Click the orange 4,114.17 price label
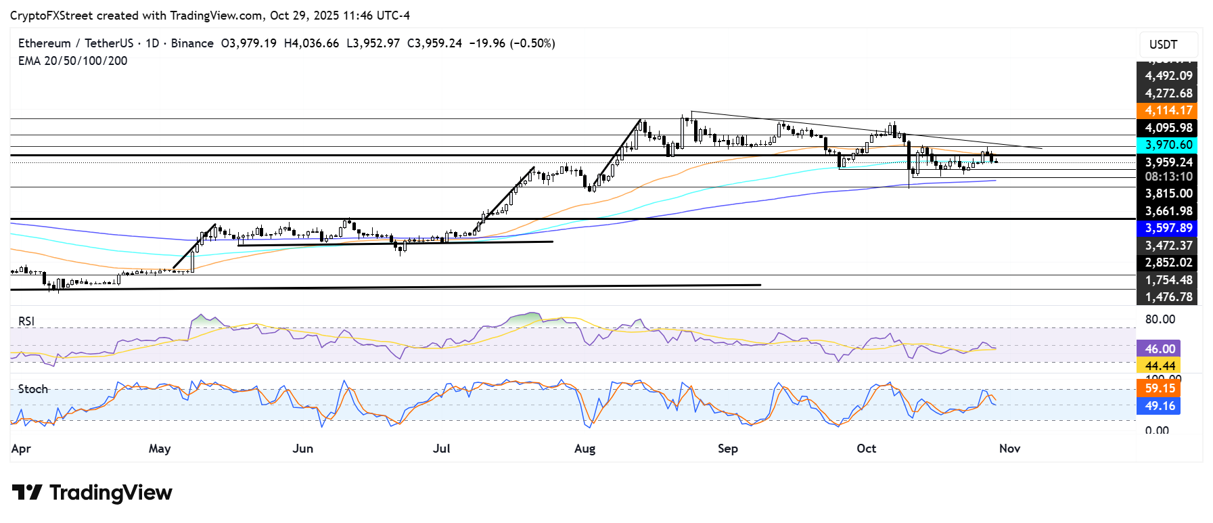coord(1168,110)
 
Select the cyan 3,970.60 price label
coord(1168,145)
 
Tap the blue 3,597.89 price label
coord(1168,228)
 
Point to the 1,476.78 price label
coord(1168,297)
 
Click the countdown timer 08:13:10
coord(1168,177)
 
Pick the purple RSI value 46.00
coord(1160,348)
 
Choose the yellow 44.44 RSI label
coord(1160,366)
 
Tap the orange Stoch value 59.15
coord(1160,388)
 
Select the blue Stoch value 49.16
coord(1160,406)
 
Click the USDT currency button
coord(1163,45)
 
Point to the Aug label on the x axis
coord(585,449)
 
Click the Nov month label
coord(1009,449)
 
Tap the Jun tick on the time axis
coord(302,449)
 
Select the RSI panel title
coord(26,321)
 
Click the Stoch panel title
coord(33,389)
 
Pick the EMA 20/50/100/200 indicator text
coord(72,61)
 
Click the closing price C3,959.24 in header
coord(434,43)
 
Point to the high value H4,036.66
coord(311,43)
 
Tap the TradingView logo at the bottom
coord(92,493)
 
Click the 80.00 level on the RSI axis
coord(1160,319)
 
